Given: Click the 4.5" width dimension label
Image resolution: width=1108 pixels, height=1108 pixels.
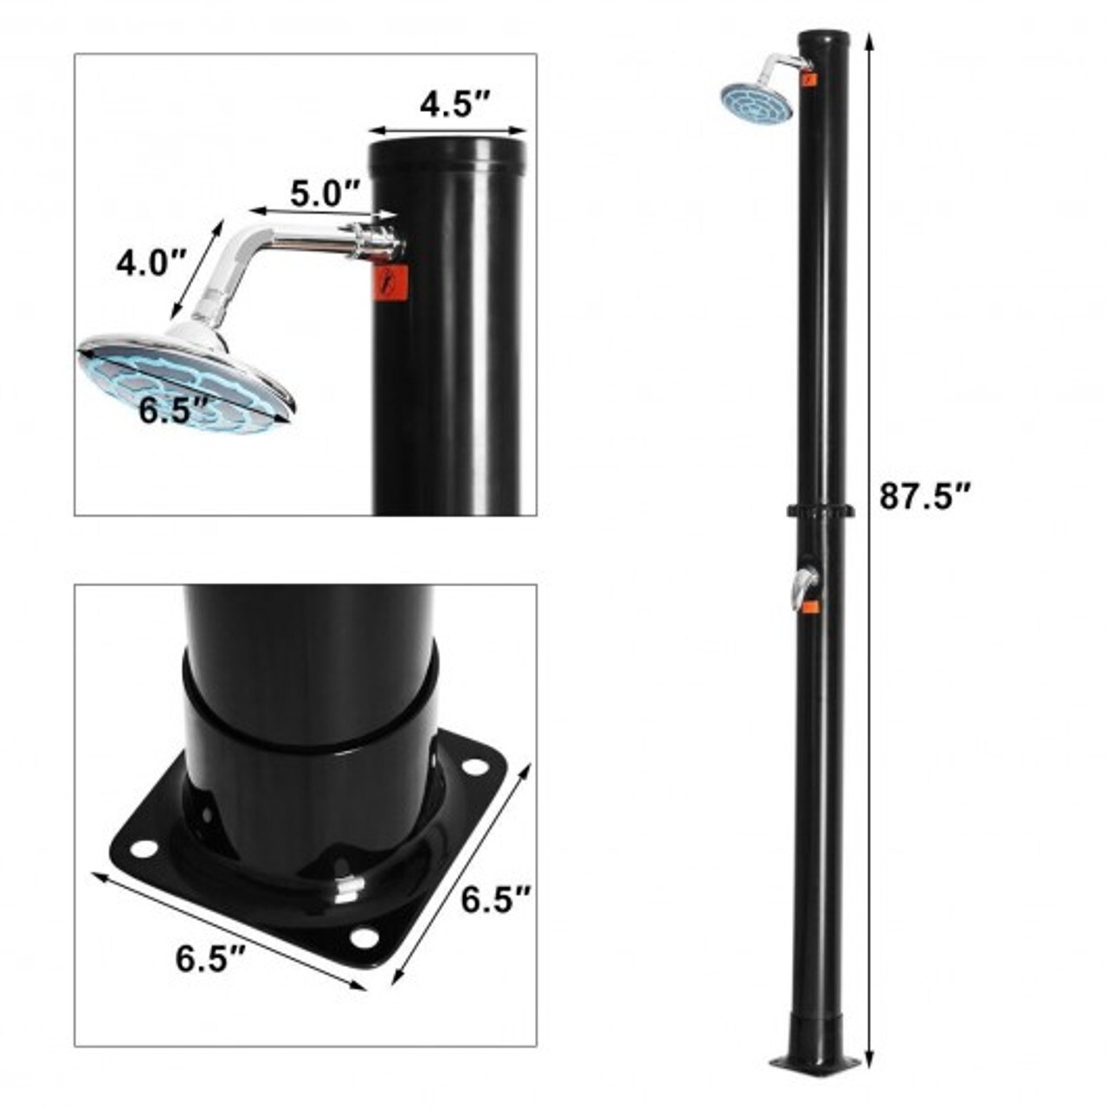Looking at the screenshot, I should [x=455, y=105].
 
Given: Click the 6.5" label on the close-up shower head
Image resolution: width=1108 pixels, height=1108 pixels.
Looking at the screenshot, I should [x=175, y=410].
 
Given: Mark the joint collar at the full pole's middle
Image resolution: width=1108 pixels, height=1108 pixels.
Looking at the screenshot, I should [x=820, y=512].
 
